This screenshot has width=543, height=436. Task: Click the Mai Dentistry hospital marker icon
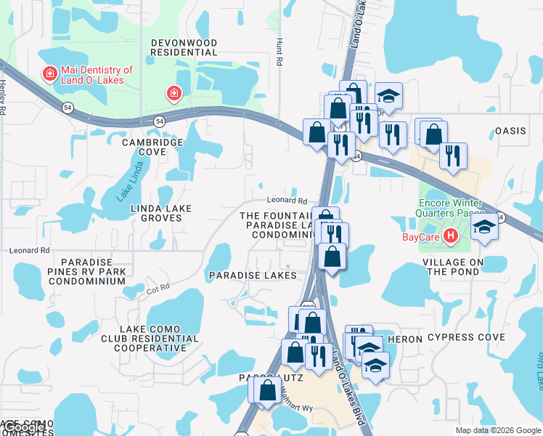click(49, 74)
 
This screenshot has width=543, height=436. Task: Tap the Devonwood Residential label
click(184, 48)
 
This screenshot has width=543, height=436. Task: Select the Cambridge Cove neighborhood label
click(152, 147)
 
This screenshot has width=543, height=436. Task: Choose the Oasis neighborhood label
click(510, 131)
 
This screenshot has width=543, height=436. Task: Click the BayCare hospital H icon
click(451, 236)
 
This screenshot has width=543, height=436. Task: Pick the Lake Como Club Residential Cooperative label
click(152, 339)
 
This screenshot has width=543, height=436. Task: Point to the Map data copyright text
click(498, 430)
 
